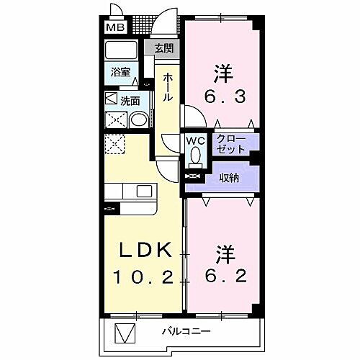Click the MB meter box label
114,28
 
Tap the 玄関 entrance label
163,49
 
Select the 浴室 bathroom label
120,73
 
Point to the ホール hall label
167,86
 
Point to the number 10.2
145,277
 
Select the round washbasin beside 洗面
141,120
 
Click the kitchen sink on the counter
144,192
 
